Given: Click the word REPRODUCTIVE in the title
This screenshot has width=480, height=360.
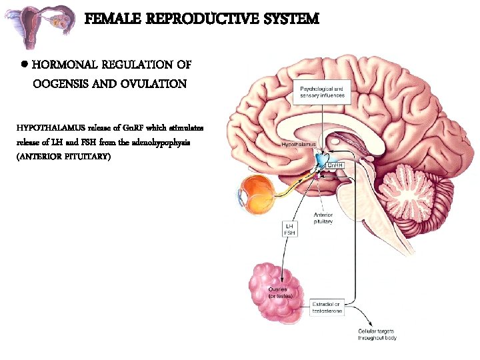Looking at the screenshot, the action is [193, 19].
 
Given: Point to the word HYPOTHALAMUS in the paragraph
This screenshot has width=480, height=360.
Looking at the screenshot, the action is [45, 127].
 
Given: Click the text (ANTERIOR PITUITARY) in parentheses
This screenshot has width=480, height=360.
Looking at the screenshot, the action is [63, 157].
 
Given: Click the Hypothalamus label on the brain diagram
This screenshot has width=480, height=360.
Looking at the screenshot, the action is [299, 144].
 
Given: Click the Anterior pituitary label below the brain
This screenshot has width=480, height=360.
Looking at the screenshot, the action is [323, 218].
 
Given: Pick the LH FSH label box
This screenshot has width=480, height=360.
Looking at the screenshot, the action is [291, 229].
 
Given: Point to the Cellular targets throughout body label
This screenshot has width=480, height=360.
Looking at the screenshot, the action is [377, 335].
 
